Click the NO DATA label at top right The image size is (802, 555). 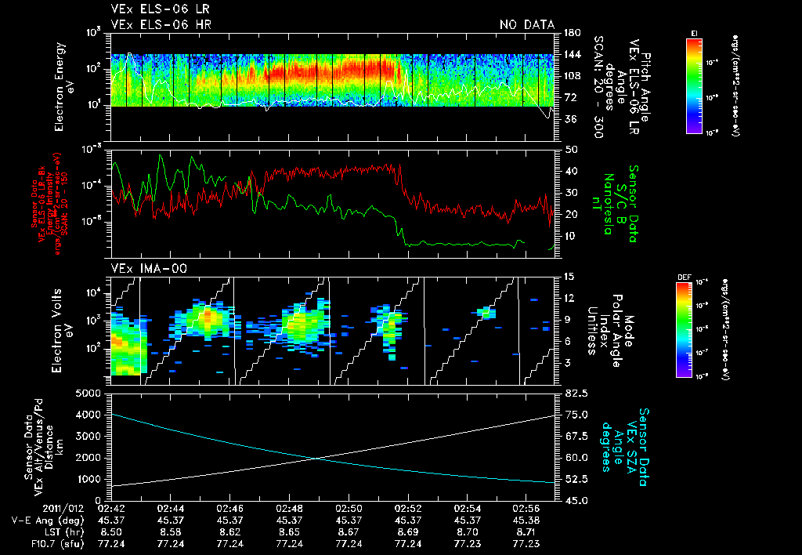[527, 25]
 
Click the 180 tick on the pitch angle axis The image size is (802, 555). [570, 32]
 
